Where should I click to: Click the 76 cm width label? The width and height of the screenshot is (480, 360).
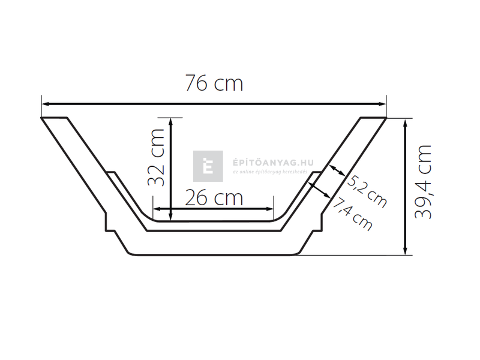214,83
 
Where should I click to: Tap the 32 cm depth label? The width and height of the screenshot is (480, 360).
156,157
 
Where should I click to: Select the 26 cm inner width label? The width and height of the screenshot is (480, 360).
214,197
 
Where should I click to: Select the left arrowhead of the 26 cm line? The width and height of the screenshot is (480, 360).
158,209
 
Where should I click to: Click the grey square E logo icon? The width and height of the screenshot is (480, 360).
208,166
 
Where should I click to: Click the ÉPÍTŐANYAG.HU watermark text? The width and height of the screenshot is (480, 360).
264,162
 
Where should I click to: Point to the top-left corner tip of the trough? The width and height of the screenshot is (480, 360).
41,118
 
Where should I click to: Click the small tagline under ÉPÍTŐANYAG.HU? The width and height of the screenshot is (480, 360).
269,173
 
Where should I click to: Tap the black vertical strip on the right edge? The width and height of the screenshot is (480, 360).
461,180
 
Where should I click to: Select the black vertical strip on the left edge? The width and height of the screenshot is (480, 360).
18,180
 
